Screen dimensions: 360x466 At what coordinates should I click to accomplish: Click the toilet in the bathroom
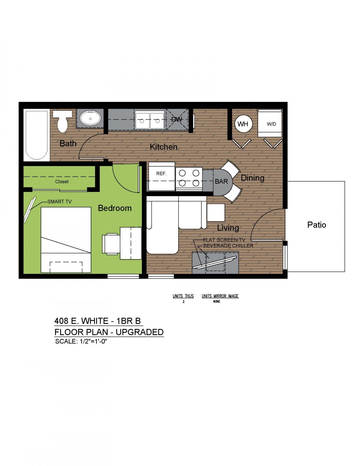(62, 121)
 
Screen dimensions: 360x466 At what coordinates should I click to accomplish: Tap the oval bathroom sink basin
(90, 118)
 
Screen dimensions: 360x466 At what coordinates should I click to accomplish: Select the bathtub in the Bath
(37, 135)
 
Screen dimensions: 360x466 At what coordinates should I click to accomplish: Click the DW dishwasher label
(177, 119)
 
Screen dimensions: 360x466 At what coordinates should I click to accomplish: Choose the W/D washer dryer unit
(270, 123)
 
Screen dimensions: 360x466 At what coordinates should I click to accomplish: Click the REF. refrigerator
(162, 176)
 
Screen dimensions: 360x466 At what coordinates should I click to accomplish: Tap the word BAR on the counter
(221, 182)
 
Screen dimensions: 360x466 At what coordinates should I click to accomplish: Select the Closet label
(62, 182)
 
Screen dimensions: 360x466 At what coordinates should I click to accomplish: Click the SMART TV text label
(59, 202)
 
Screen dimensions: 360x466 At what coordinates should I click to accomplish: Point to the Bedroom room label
(114, 208)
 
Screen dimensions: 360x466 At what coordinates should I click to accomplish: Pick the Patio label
(316, 225)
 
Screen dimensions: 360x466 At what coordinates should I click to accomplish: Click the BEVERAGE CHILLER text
(228, 246)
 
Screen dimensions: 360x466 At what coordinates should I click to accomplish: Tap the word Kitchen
(163, 147)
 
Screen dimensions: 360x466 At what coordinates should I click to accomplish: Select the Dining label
(252, 178)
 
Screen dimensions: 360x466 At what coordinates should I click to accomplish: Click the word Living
(228, 228)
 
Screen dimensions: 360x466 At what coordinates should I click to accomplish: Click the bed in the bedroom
(66, 240)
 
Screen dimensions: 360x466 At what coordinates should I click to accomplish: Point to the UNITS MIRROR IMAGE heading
(220, 296)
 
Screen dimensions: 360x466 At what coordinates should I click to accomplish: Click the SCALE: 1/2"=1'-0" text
(81, 341)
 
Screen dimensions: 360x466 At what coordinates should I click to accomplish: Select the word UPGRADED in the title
(140, 332)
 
